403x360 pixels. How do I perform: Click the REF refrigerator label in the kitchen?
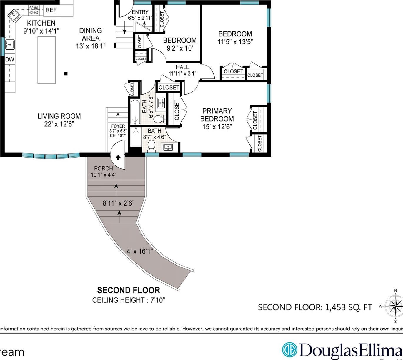tap(51, 10)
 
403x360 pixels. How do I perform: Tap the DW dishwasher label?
tap(10, 59)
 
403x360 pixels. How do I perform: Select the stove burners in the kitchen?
tap(34, 10)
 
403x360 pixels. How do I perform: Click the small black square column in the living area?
tap(66, 74)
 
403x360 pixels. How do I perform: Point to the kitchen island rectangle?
tap(46, 60)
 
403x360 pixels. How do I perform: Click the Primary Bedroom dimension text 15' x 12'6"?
tap(217, 127)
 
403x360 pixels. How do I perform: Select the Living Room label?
tap(59, 116)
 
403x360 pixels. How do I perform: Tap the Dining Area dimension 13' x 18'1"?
tap(91, 46)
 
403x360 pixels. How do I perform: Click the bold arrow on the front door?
tap(118, 158)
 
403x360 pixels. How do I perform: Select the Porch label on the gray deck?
tap(103, 168)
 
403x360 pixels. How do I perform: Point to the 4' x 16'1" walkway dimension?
tap(140, 251)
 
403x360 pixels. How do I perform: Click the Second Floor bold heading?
tap(129, 290)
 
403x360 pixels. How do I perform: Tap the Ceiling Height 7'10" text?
tap(129, 300)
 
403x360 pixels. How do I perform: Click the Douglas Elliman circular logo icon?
tap(290, 350)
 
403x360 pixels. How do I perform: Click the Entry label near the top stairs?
tap(140, 12)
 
